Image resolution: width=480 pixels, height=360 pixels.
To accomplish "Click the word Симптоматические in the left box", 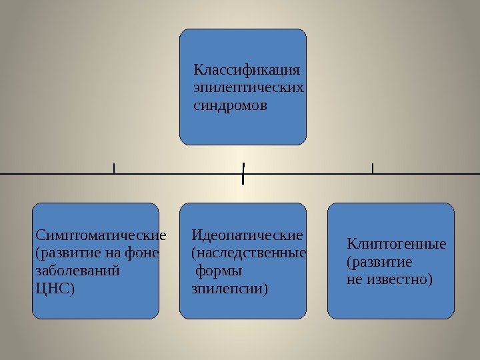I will coord(100,235).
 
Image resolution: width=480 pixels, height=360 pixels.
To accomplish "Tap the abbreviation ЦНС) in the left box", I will coord(54,289).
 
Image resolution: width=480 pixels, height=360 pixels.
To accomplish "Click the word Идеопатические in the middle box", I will coord(247,235).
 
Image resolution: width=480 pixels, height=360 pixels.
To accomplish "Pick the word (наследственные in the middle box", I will coord(249,253).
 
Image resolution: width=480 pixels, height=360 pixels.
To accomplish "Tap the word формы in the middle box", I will coord(218,271).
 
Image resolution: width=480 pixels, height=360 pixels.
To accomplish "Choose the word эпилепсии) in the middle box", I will coord(229,289).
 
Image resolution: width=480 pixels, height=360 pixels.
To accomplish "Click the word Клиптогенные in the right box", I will coord(397,244).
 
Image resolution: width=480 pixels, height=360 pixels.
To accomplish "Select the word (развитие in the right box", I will coord(379,262).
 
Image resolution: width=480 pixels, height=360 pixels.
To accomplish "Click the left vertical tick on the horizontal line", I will coord(114,168).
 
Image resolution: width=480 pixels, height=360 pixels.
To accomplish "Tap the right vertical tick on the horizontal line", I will coord(372,168).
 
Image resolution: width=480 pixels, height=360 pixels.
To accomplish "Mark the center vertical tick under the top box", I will coord(243,172).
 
